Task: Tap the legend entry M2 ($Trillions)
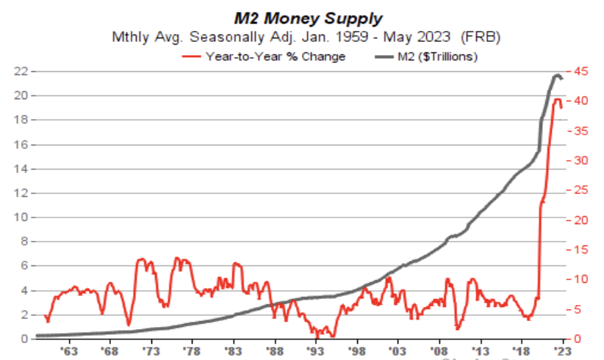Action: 437,56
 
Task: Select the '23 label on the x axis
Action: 563,352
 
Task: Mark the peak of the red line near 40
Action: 557,99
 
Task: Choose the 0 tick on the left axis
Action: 24,339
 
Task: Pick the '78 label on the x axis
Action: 193,352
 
